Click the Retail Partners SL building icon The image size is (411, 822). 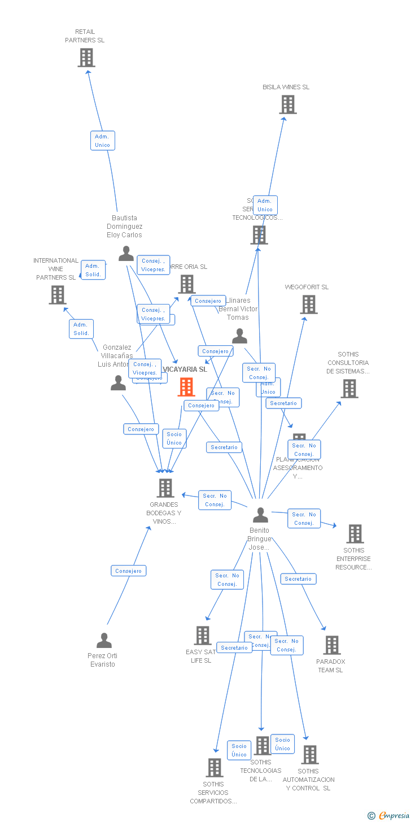tap(86, 58)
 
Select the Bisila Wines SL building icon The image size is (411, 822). tap(288, 105)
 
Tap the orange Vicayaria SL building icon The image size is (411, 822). tap(186, 387)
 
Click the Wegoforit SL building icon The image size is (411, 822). tap(309, 305)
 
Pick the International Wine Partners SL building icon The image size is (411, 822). tap(58, 295)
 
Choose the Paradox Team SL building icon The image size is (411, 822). tap(332, 645)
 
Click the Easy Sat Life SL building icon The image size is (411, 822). tap(203, 636)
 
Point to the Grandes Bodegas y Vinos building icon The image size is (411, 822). tap(165, 488)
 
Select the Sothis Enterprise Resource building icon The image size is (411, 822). tap(355, 534)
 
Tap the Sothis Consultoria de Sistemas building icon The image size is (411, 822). tap(349, 389)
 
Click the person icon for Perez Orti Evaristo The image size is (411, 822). tap(104, 641)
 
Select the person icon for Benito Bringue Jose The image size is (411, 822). tap(260, 515)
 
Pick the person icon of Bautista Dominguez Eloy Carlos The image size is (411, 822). tap(126, 254)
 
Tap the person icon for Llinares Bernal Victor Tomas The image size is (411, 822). tap(239, 337)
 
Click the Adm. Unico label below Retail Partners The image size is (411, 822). tap(102, 141)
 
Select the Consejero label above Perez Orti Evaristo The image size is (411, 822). tap(129, 571)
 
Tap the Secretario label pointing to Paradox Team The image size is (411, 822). tap(298, 579)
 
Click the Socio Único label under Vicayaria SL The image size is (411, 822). tap(174, 438)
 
